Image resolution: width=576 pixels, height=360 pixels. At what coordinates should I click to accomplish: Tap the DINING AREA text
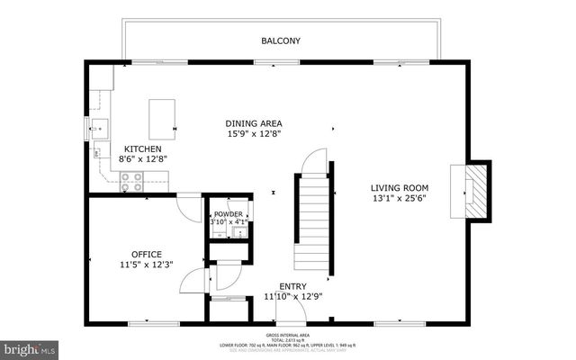point(253,122)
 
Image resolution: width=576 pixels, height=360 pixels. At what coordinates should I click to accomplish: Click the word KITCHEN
point(142,148)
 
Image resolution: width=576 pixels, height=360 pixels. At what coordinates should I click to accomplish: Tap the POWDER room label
point(228,213)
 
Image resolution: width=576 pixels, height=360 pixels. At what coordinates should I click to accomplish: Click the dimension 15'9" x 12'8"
point(253,134)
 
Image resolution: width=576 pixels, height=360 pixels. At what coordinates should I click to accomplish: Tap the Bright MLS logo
point(30,346)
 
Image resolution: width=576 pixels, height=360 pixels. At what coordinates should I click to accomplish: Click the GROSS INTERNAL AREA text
point(289,333)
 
